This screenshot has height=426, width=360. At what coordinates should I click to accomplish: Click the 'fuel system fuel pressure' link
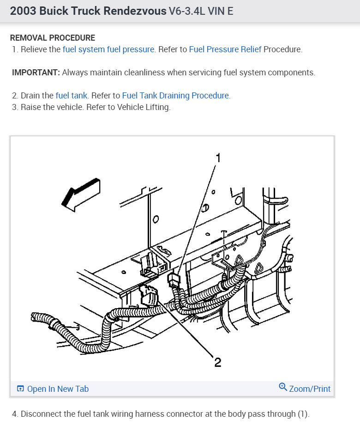tap(108, 49)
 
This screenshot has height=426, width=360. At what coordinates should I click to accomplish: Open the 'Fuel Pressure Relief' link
tap(225, 49)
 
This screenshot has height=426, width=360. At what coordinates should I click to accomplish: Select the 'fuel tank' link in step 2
tap(72, 96)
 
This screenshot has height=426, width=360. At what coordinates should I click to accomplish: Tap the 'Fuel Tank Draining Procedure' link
tap(175, 96)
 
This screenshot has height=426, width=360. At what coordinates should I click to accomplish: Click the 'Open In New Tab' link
tap(58, 389)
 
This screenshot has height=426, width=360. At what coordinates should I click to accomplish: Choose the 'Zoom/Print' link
tap(310, 389)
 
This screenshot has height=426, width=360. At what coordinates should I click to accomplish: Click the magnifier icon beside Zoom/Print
tap(282, 387)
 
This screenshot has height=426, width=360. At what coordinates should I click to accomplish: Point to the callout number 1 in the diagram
tap(218, 158)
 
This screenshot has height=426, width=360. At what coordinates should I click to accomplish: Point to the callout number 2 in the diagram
tap(217, 362)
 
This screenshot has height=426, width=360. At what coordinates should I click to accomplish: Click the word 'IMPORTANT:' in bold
tap(36, 73)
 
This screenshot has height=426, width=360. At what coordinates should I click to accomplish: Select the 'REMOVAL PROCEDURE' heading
tap(53, 38)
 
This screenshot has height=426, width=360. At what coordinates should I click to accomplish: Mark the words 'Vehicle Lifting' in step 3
tap(143, 107)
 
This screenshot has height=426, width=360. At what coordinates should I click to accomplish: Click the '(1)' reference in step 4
tap(302, 414)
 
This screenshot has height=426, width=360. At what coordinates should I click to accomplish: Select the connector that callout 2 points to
tap(148, 296)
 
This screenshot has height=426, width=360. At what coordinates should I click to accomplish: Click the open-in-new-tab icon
tap(20, 389)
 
